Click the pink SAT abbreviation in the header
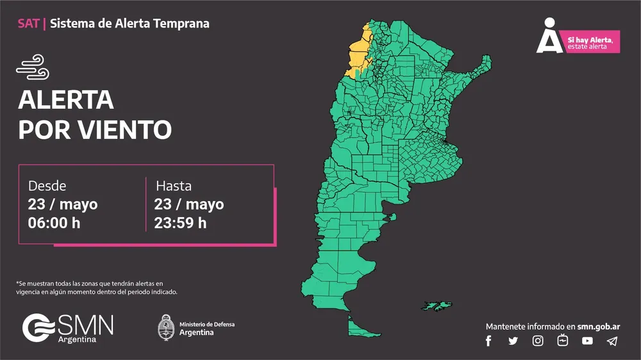(x=28, y=24)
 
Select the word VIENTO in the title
(x=127, y=129)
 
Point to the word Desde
(x=47, y=186)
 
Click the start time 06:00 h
(x=54, y=223)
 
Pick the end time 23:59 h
(x=180, y=223)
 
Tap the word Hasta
(x=174, y=186)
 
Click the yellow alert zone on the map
(x=357, y=54)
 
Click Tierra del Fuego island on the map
(x=359, y=329)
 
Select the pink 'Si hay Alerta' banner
(x=590, y=42)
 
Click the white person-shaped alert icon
(x=549, y=37)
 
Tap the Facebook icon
(x=488, y=341)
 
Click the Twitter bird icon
(x=513, y=341)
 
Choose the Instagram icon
(x=538, y=341)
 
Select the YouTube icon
(x=587, y=341)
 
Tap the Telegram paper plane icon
(x=612, y=341)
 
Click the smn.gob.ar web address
(x=598, y=326)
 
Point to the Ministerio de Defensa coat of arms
(x=166, y=327)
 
